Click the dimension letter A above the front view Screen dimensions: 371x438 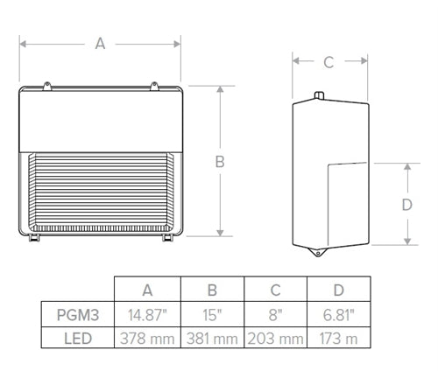point(100,45)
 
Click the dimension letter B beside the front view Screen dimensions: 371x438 point(221,162)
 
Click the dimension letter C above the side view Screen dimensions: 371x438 point(328,62)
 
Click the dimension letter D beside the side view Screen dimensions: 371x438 point(406,205)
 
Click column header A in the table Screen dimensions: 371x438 point(147,290)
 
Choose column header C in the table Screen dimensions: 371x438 point(275,290)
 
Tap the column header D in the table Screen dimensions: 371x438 point(338,290)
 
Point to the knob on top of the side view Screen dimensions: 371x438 point(318,92)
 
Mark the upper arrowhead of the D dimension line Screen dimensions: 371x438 point(406,166)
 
